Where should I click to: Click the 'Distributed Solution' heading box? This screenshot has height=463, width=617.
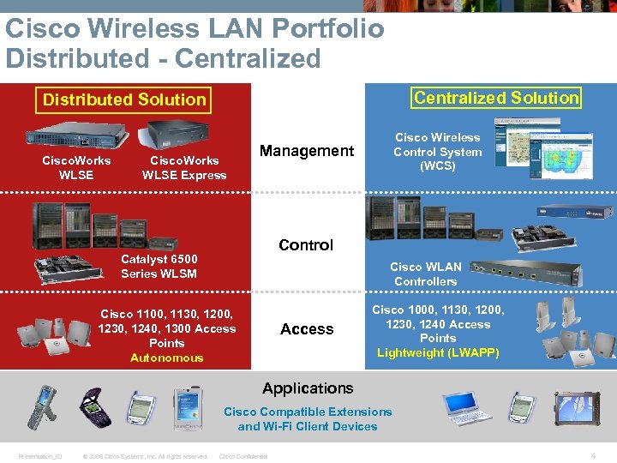coord(125,99)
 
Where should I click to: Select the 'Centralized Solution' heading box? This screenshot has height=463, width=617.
coord(497,98)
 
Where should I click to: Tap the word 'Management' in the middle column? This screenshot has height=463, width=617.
coord(306,151)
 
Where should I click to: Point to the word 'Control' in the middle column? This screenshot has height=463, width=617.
coord(306,244)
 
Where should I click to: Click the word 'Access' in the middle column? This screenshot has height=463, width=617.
coord(307,329)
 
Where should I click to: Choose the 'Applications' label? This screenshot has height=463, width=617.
coord(308,388)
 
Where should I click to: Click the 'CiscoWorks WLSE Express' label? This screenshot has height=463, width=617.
coord(184,167)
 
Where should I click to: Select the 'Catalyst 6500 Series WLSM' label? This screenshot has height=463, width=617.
coord(159,266)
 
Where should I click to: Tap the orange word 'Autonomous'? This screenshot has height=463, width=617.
coord(166,358)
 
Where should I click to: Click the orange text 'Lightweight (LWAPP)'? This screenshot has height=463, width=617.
coord(438,352)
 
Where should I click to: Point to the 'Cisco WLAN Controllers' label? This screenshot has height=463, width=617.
coord(425,274)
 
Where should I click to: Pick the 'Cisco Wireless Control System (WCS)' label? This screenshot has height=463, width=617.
coord(437,151)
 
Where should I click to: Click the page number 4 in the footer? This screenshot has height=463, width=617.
coord(592,455)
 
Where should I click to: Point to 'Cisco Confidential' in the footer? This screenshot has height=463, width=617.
coord(243,456)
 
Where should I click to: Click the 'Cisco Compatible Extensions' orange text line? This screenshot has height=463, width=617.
coord(308,412)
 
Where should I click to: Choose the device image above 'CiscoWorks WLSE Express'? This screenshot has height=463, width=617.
coord(177,135)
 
